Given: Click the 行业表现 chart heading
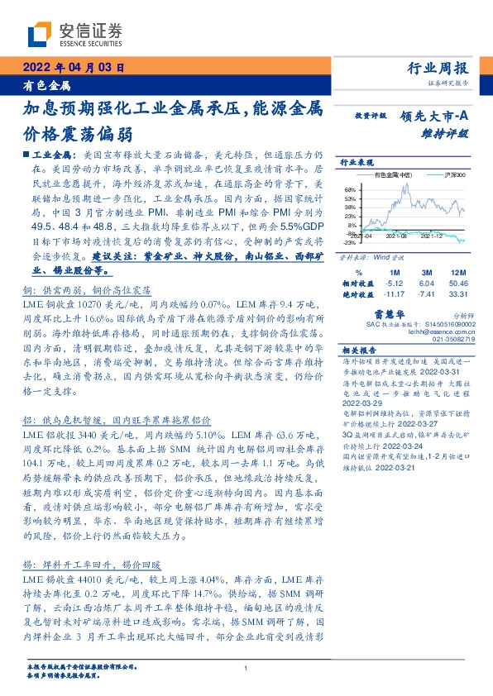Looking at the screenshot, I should coord(358,163).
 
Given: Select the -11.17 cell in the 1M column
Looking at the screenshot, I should coord(393,293).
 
